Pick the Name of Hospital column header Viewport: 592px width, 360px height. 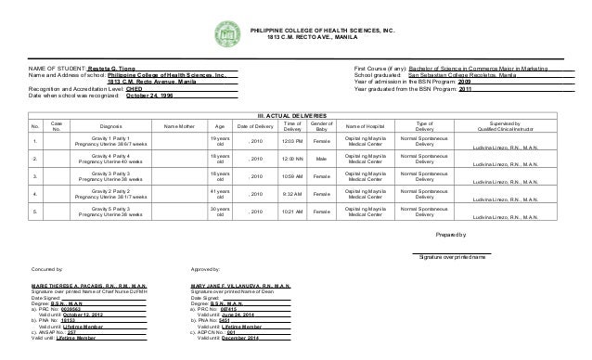[x=368, y=126]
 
